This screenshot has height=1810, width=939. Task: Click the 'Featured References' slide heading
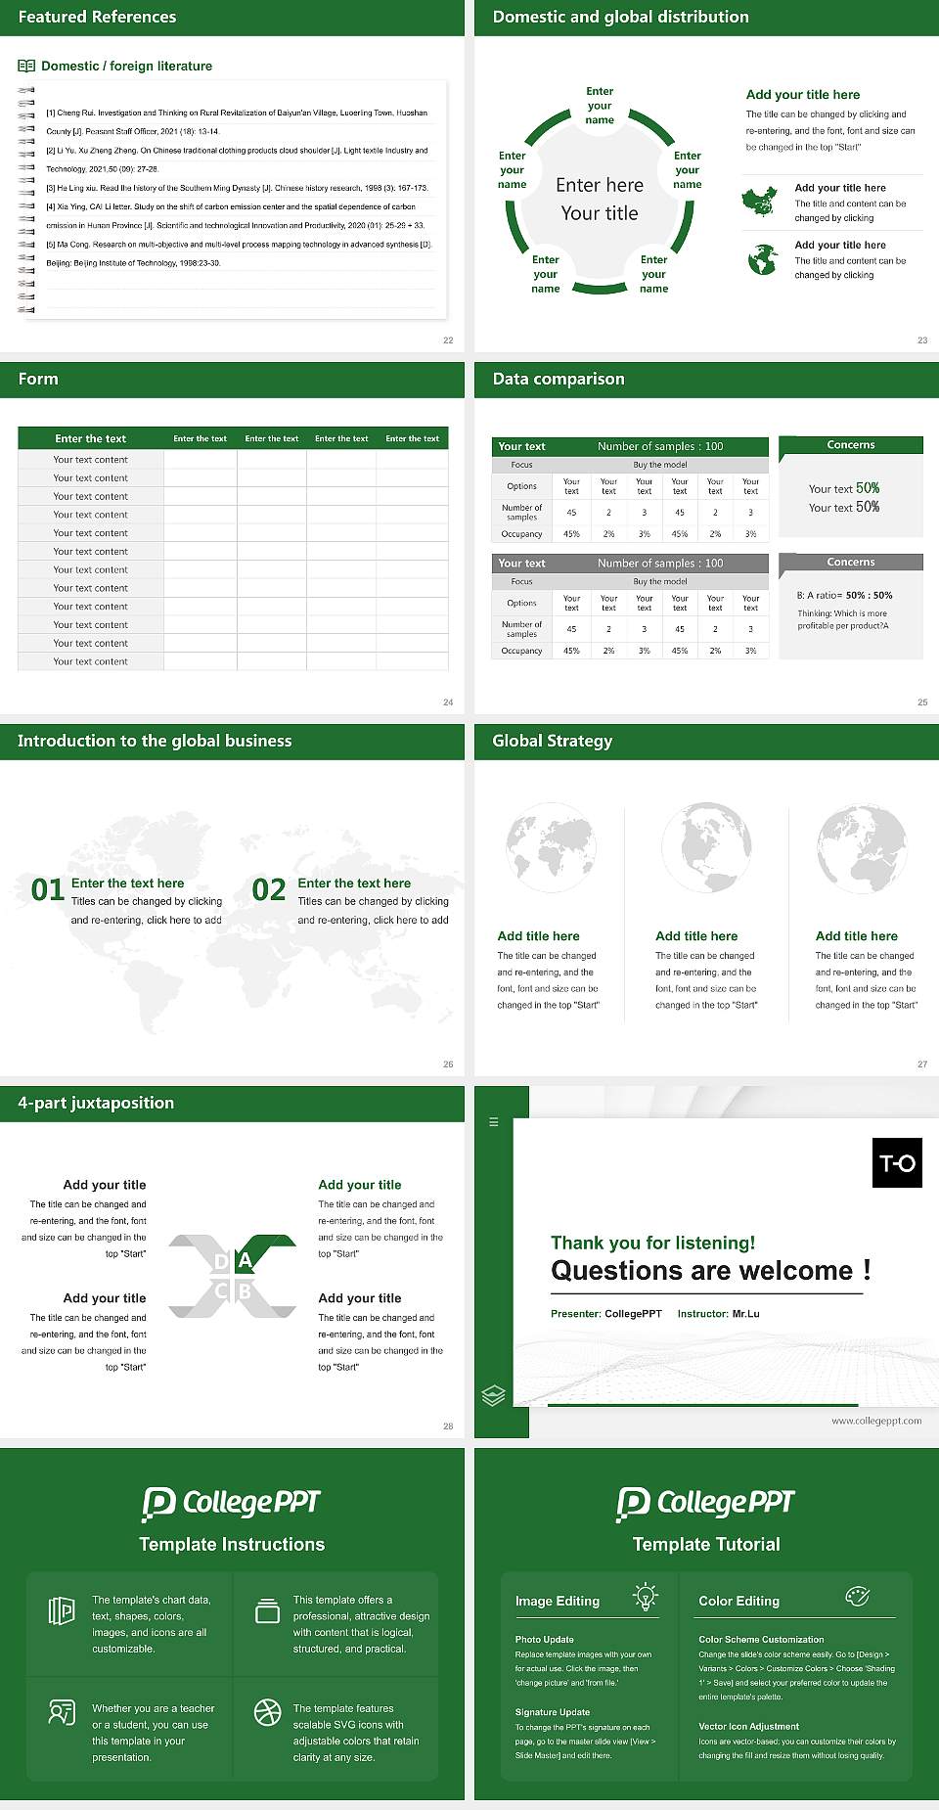click(x=97, y=17)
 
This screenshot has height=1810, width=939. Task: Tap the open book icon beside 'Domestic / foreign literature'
click(x=26, y=67)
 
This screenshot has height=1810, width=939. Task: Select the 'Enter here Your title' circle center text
click(x=600, y=199)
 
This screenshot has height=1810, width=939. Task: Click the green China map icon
click(x=760, y=202)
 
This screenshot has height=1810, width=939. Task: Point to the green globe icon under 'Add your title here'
click(x=762, y=259)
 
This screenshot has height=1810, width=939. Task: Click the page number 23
click(x=921, y=340)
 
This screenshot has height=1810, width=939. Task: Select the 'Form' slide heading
click(x=38, y=379)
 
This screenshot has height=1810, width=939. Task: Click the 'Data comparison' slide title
click(x=558, y=379)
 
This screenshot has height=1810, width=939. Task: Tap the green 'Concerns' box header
click(x=851, y=445)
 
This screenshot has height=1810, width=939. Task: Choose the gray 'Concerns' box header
click(x=851, y=563)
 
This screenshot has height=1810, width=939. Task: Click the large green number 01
click(x=48, y=889)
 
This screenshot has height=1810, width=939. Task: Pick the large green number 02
click(x=269, y=889)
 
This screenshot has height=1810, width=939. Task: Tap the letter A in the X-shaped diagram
click(x=245, y=1260)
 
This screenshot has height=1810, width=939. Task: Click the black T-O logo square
click(x=897, y=1162)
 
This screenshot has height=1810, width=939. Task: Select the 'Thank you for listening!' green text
click(x=652, y=1243)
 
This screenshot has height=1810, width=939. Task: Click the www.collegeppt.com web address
click(x=876, y=1421)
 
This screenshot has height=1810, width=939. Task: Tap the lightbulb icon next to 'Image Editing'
click(x=645, y=1597)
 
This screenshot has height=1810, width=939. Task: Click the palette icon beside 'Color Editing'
click(x=857, y=1597)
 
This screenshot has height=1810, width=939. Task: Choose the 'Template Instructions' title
click(x=232, y=1544)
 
